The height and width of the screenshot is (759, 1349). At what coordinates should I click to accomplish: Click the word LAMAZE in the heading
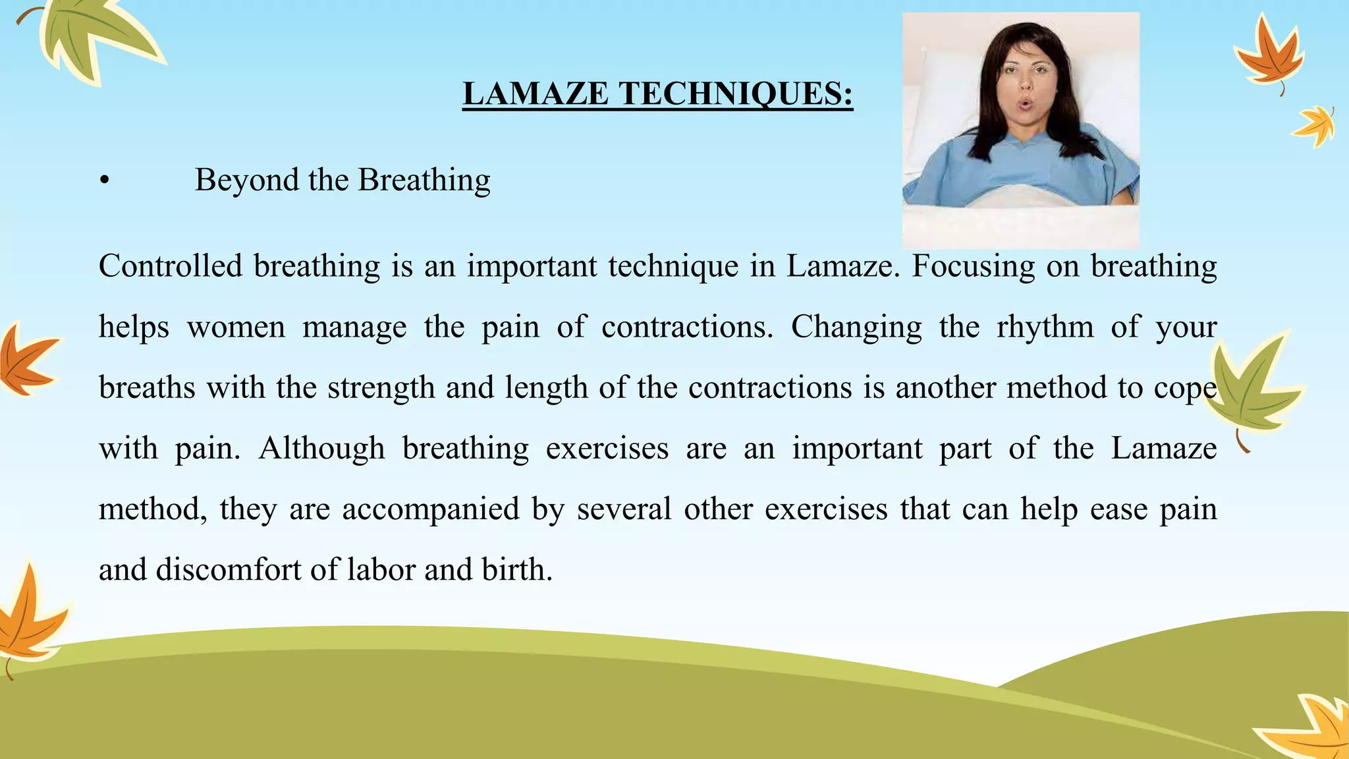click(536, 94)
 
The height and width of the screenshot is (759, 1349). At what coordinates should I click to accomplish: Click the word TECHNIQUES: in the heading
click(735, 94)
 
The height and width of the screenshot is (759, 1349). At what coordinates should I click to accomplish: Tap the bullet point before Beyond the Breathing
click(104, 181)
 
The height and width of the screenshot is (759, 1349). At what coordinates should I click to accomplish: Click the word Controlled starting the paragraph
click(171, 267)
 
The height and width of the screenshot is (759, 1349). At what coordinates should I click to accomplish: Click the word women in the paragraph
click(236, 327)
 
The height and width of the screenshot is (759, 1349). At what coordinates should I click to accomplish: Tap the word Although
click(321, 449)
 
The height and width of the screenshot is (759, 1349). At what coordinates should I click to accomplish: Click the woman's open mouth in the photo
click(1025, 103)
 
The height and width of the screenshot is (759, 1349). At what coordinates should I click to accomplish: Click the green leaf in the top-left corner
click(92, 36)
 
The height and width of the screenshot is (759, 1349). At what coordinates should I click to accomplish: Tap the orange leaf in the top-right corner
click(1268, 56)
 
